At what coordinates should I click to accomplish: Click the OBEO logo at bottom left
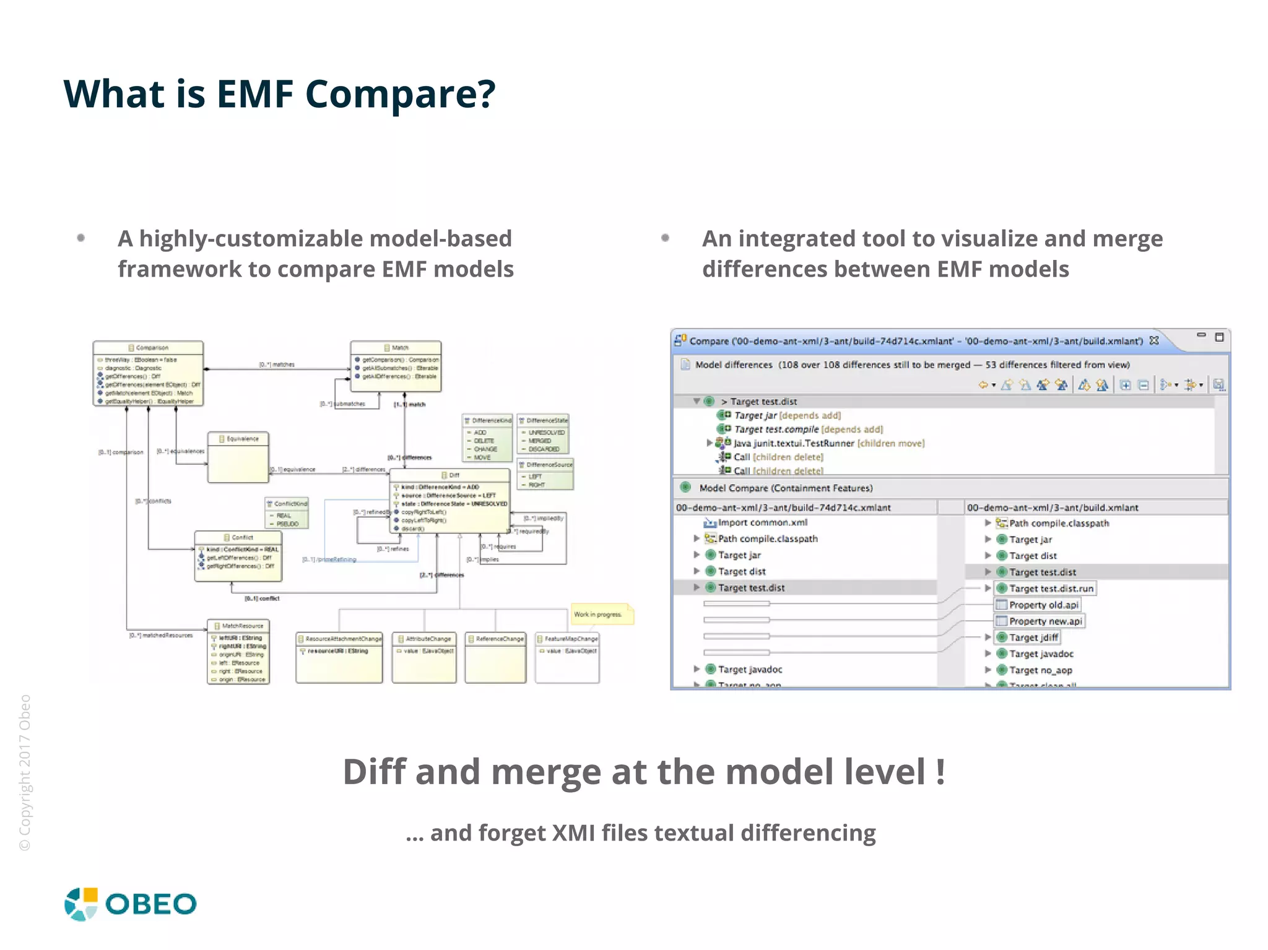point(130,904)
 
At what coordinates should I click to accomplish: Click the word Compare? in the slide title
point(400,94)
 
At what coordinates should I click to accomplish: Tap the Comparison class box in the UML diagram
point(148,373)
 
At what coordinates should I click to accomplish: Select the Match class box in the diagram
point(396,366)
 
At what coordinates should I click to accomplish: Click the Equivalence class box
point(238,457)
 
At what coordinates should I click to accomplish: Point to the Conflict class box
point(238,556)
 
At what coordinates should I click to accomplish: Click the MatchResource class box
point(238,652)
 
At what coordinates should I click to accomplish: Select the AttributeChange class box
point(424,657)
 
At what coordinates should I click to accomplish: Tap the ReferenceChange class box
point(495,657)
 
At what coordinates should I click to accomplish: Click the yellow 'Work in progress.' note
point(601,615)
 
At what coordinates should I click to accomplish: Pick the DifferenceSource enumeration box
point(545,474)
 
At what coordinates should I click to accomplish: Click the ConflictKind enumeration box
point(287,513)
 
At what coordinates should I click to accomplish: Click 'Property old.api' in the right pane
point(1043,605)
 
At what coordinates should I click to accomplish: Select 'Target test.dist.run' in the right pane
point(1051,589)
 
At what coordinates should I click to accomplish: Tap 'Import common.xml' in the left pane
point(762,522)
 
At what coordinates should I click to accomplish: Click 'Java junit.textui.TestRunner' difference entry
point(794,443)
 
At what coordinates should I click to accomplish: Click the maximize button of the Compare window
point(1219,337)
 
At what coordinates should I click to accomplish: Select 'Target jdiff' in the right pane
point(1033,637)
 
